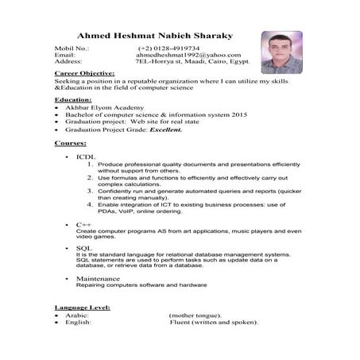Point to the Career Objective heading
(x=84, y=73)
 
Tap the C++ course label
(x=81, y=225)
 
